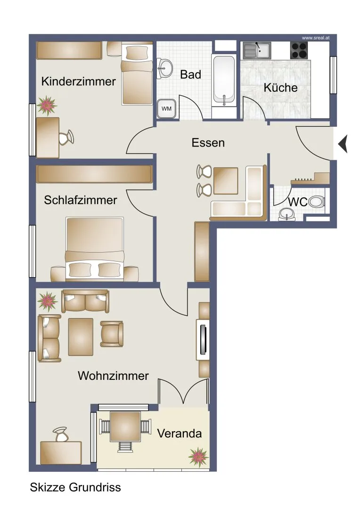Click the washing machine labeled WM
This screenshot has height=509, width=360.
(166, 108)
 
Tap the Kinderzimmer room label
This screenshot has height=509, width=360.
(79, 81)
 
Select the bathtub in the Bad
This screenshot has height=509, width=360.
(224, 80)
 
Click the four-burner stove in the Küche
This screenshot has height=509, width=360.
(299, 50)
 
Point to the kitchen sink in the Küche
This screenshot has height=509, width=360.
(257, 50)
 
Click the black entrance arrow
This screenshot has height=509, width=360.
(343, 143)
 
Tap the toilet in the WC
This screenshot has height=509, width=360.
(316, 202)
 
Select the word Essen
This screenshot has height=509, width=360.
(208, 142)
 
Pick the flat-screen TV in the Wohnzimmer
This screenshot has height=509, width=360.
(204, 340)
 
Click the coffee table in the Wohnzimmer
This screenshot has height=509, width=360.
(81, 337)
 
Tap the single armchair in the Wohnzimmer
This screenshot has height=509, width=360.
(112, 334)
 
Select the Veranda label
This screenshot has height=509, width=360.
(180, 434)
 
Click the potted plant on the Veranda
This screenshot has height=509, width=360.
(198, 457)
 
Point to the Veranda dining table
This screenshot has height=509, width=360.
(125, 427)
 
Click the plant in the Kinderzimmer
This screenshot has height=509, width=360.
(47, 106)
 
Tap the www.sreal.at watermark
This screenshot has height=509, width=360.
(316, 38)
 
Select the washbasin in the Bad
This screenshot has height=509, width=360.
(165, 68)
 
